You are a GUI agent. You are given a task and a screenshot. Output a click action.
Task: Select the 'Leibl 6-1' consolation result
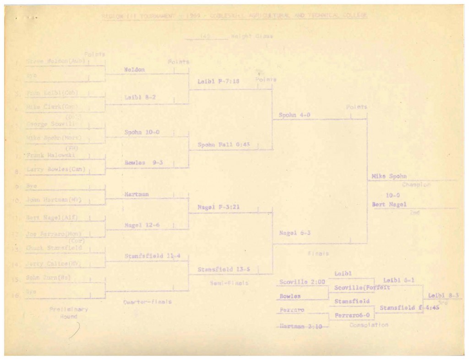tap(396, 280)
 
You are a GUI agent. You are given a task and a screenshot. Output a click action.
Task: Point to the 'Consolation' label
tap(369, 325)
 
